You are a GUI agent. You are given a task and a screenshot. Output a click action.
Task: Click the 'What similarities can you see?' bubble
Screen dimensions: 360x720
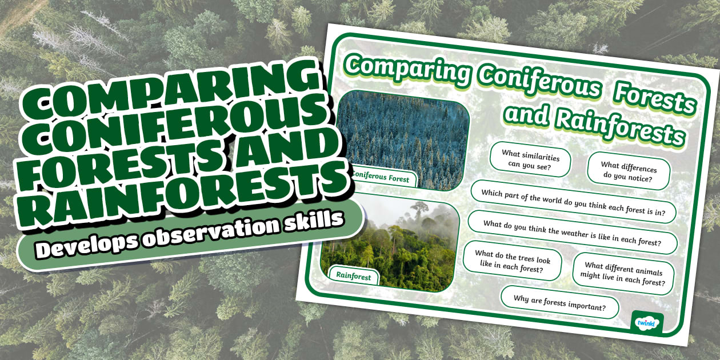pos(530,159)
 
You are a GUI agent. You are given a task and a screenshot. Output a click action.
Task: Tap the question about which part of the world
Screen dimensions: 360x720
pos(573,202)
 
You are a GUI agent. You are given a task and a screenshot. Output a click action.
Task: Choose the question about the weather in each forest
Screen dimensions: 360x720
pos(572,233)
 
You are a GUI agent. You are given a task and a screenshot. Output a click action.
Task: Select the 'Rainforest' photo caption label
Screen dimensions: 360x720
pos(353,277)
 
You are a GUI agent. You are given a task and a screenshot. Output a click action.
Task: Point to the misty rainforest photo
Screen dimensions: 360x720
pos(394,246)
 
